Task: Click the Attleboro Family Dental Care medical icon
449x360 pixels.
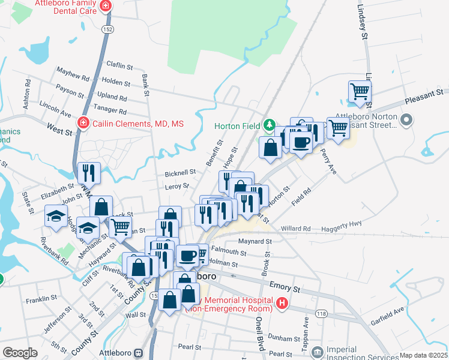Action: click(106, 6)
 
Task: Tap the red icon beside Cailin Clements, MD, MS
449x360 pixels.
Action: click(83, 124)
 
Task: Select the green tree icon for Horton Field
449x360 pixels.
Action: click(270, 125)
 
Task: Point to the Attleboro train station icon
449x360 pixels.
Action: click(139, 353)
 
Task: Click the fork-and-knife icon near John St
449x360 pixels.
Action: click(89, 173)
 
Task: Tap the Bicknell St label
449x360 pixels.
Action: click(180, 172)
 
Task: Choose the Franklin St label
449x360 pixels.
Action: click(41, 297)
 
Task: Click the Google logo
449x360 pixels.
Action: click(20, 353)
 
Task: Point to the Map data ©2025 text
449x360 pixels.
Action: click(423, 355)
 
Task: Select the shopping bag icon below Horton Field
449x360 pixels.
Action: click(270, 147)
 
